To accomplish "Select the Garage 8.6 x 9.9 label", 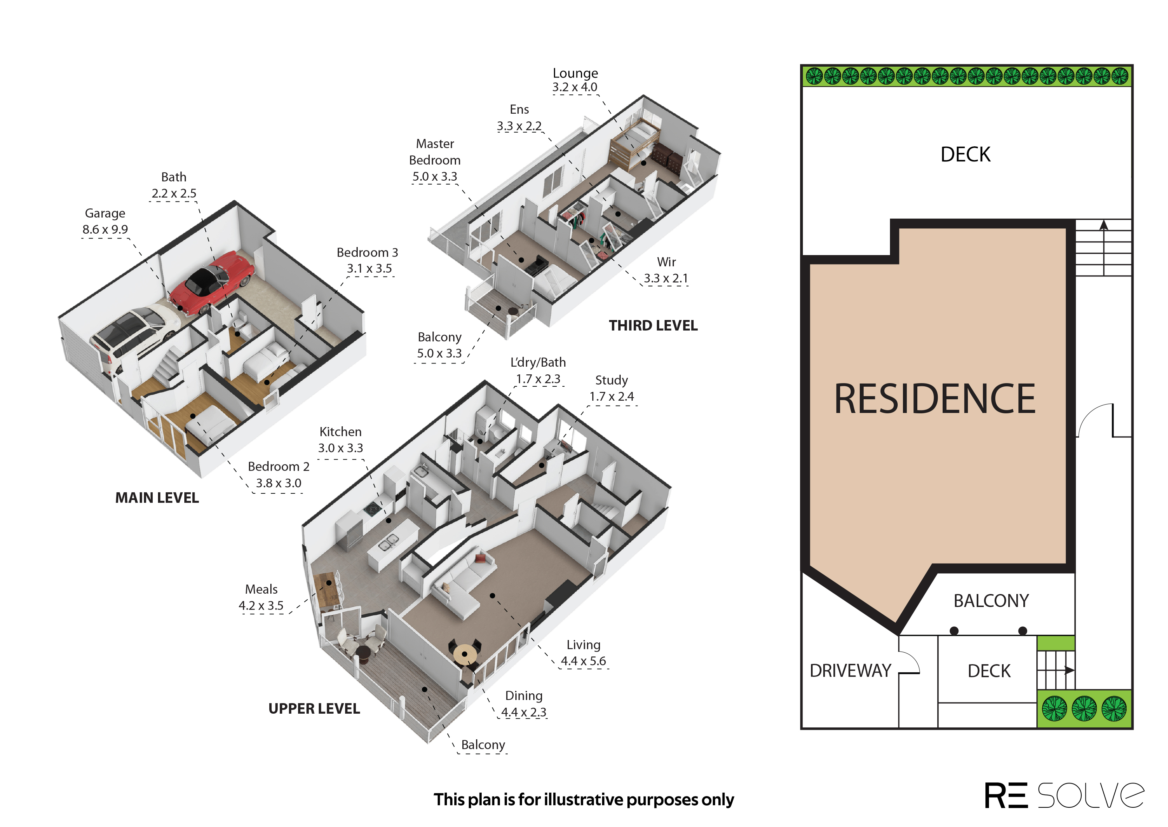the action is click(105, 221).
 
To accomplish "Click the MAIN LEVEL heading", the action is click(157, 498).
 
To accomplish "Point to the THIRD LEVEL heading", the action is click(653, 325).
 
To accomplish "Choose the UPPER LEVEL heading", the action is click(314, 708).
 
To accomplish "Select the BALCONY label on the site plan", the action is click(991, 601).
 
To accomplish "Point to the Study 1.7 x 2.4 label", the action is click(612, 388).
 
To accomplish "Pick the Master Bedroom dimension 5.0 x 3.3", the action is click(435, 176).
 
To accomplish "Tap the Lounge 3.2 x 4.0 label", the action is click(575, 80).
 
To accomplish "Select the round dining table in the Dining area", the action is click(464, 654).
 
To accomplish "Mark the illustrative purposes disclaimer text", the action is click(584, 800).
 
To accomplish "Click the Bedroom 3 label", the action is click(367, 253).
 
